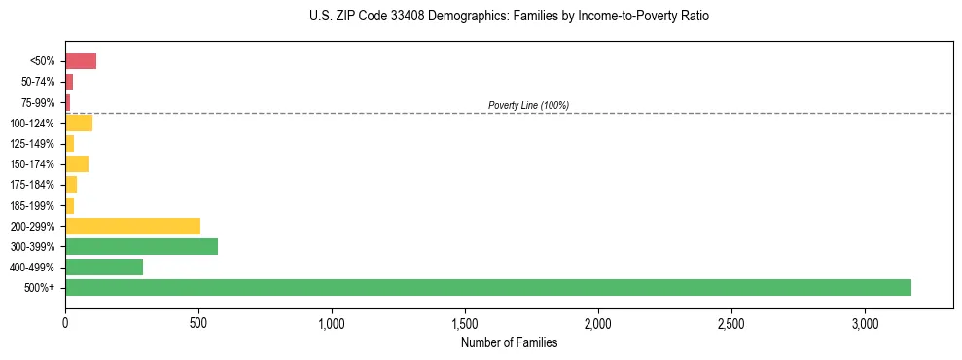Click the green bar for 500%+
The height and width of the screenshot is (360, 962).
(488, 287)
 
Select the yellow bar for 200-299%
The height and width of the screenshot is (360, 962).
(132, 226)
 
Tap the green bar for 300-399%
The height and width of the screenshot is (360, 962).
(141, 246)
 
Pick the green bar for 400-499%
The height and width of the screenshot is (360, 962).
(104, 267)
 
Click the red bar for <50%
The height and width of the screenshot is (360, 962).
(81, 61)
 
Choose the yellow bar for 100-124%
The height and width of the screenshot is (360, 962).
(79, 123)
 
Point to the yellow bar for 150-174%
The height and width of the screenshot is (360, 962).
(77, 163)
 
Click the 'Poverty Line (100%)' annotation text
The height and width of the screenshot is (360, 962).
(528, 105)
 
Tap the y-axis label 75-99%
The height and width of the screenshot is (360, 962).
(40, 102)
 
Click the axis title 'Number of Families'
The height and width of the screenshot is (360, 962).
(509, 342)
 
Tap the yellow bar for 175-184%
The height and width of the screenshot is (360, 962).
(71, 185)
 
